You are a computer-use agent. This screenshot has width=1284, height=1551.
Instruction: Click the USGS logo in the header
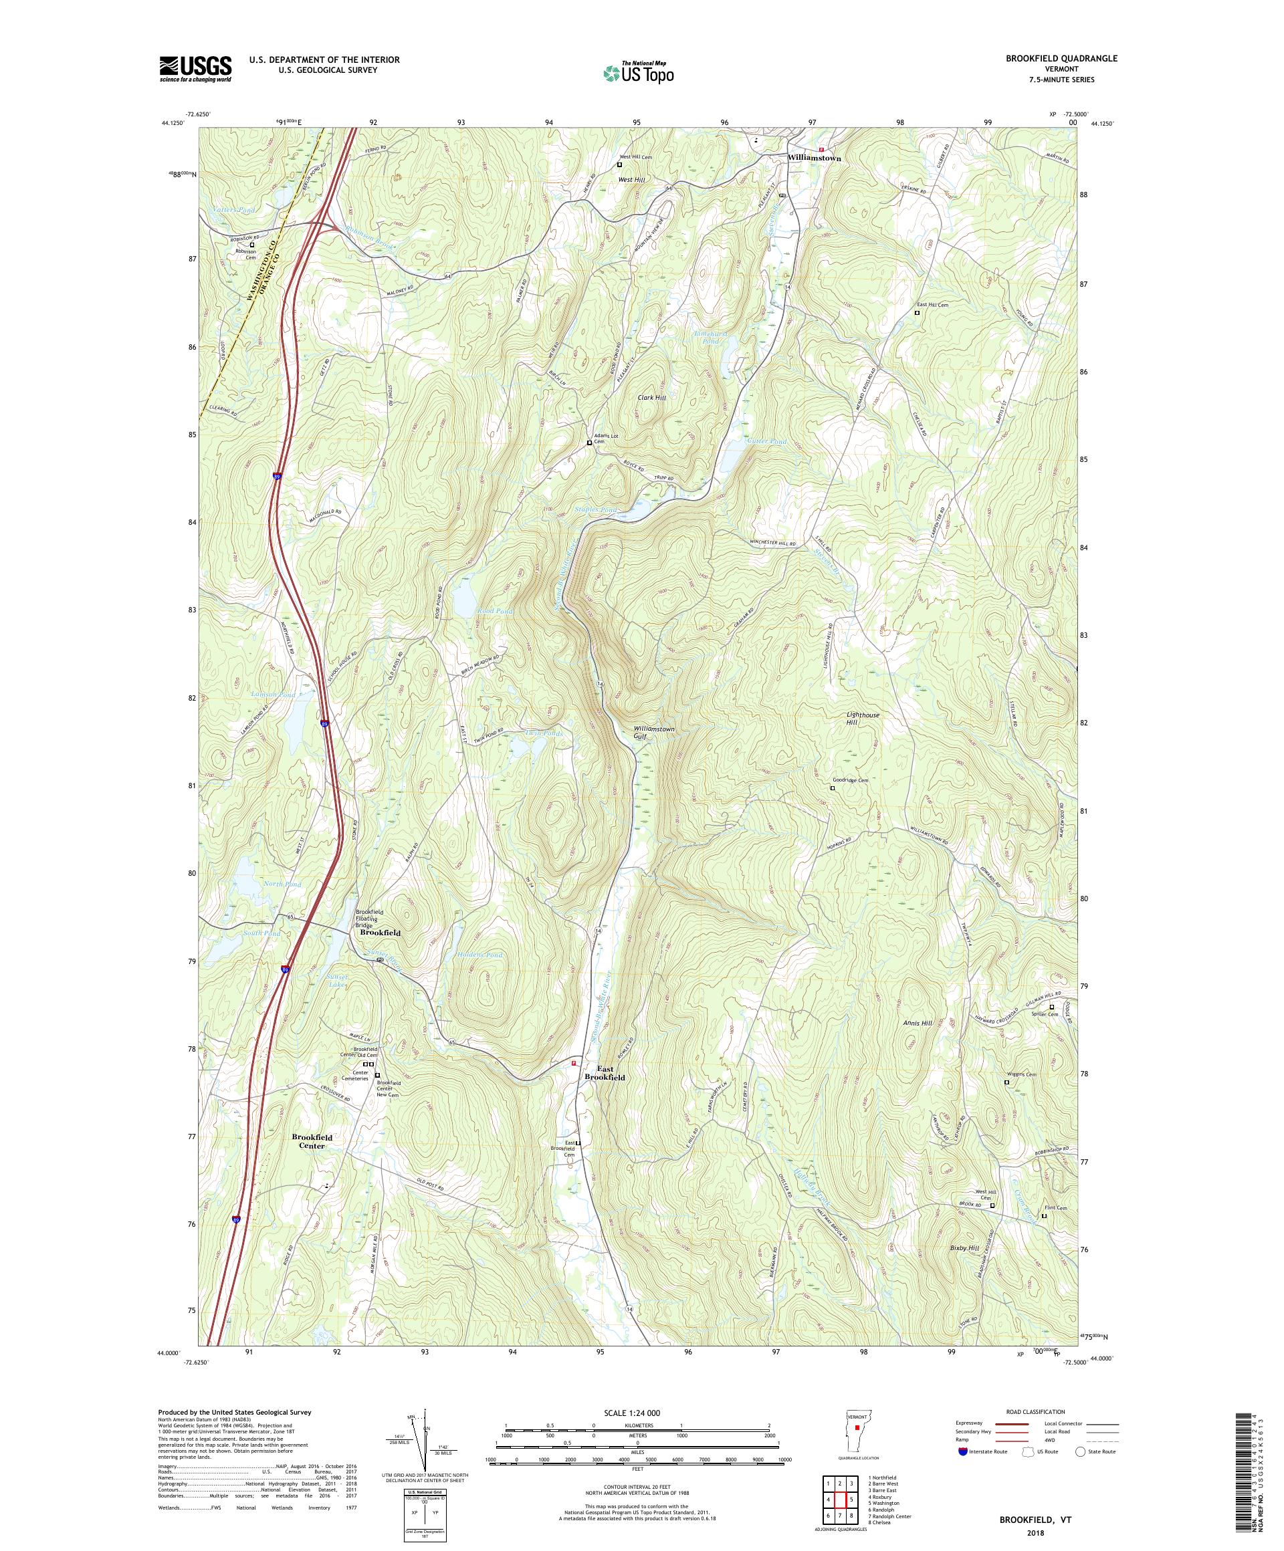coord(195,70)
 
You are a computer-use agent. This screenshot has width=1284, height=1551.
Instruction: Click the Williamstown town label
coord(813,158)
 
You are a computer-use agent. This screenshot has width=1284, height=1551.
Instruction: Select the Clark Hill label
coord(651,397)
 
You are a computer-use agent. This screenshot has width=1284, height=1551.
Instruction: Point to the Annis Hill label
coord(918,1023)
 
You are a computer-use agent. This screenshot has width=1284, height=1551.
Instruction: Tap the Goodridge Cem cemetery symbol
coord(832,788)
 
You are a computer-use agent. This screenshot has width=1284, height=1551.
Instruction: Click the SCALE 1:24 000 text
coord(637,1411)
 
